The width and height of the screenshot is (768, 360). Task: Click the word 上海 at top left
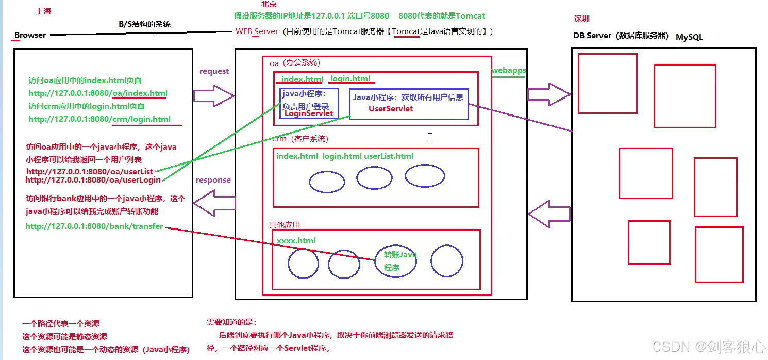[44, 11]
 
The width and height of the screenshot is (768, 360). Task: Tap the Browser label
[30, 35]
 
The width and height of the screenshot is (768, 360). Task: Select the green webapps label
[508, 70]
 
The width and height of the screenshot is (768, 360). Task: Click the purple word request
[214, 71]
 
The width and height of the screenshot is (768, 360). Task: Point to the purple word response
[213, 180]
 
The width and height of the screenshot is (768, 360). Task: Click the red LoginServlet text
[309, 113]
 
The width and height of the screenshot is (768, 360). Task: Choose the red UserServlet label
[390, 109]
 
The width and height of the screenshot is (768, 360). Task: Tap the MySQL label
[689, 37]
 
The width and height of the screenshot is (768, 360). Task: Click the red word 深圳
[582, 19]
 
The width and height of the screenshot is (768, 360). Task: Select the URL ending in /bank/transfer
[94, 226]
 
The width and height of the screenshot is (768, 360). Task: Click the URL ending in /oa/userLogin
[93, 180]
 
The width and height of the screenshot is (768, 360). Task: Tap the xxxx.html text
[296, 241]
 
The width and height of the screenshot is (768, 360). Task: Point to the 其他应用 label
[284, 225]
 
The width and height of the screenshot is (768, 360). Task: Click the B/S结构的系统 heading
[144, 24]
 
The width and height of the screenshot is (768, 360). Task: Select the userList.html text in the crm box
[389, 156]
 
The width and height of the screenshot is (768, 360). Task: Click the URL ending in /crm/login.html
[99, 119]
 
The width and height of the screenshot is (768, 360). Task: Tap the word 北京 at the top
[269, 4]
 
